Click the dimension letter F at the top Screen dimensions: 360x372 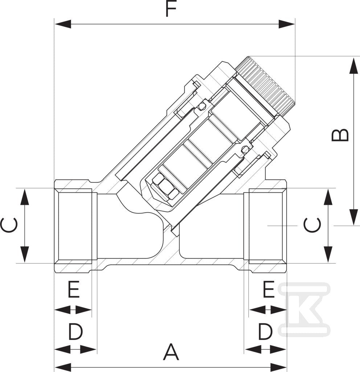point(171,9)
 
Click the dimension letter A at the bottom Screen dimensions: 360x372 point(171,352)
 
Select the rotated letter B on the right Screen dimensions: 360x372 point(340,135)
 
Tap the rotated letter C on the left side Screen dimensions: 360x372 point(9,225)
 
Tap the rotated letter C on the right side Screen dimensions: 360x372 point(312,225)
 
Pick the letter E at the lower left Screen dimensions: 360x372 point(74,289)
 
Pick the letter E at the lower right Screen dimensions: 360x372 point(269,289)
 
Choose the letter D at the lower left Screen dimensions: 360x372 point(75,332)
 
